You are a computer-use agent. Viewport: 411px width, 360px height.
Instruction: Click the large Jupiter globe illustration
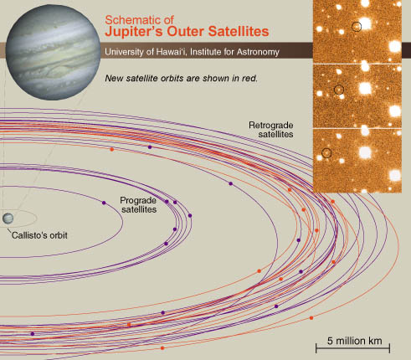(x=53, y=52)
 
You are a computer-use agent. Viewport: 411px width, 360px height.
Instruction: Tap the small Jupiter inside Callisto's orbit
(x=8, y=219)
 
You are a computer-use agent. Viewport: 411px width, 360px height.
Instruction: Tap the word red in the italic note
(x=249, y=78)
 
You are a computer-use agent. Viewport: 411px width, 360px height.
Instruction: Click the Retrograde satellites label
(x=271, y=130)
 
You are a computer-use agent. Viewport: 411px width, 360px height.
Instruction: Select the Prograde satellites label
(x=138, y=205)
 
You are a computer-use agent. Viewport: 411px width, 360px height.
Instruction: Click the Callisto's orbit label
(x=39, y=235)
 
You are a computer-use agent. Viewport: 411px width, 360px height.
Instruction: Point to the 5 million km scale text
(x=354, y=341)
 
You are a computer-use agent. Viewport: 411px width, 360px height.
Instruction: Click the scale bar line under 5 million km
(x=352, y=348)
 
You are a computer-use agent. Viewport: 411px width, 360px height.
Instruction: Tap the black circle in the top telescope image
(x=357, y=27)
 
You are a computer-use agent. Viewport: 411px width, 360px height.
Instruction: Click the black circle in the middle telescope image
(x=339, y=90)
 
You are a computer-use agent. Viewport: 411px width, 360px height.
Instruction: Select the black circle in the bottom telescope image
(x=326, y=152)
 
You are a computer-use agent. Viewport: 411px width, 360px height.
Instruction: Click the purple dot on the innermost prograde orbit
(x=104, y=203)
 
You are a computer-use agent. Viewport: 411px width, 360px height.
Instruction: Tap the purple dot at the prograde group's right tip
(x=190, y=215)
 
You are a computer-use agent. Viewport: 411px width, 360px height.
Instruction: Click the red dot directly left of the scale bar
(x=311, y=318)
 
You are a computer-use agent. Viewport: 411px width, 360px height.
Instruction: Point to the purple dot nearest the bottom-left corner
(x=33, y=334)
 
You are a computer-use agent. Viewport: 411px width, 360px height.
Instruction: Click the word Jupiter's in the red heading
(x=134, y=31)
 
